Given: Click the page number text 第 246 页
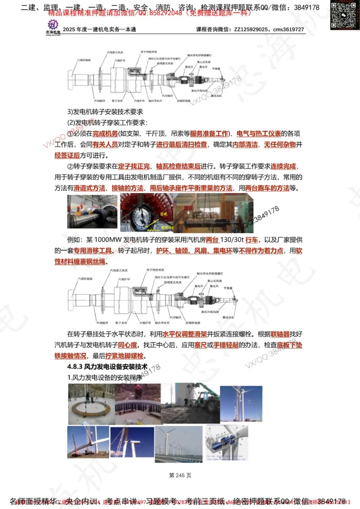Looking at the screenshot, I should pos(180,475).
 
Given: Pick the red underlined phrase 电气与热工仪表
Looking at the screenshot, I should pos(259,134).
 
